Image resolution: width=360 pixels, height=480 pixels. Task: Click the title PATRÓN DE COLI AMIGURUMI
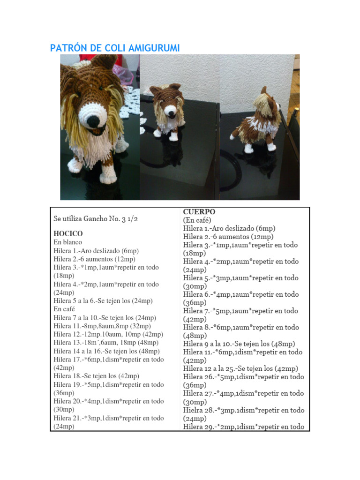(x=115, y=48)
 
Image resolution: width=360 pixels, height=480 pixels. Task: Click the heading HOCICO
(x=68, y=233)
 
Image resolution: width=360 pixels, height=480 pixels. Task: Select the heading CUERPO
(x=199, y=212)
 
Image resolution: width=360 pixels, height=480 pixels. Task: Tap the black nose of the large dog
(x=93, y=121)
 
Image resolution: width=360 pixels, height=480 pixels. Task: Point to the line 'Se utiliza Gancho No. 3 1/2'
(x=96, y=218)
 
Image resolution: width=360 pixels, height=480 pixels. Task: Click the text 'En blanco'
(x=67, y=242)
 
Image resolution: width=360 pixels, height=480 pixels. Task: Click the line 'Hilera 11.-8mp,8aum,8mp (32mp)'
(x=102, y=326)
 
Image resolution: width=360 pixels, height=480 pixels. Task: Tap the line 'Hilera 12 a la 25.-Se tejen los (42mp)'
(x=240, y=368)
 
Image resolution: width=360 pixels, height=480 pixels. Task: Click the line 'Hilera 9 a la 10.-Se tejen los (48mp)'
(x=239, y=344)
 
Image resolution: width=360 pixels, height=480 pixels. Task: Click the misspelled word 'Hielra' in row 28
(x=193, y=410)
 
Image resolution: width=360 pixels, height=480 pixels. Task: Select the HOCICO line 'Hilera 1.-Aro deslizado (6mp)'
(x=96, y=251)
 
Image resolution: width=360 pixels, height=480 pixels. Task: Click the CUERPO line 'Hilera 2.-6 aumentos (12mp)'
(x=228, y=237)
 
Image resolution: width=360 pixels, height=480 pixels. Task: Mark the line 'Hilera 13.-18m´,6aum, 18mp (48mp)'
(x=108, y=343)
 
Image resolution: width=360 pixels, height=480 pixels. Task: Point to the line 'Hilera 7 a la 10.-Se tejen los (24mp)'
(x=105, y=318)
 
